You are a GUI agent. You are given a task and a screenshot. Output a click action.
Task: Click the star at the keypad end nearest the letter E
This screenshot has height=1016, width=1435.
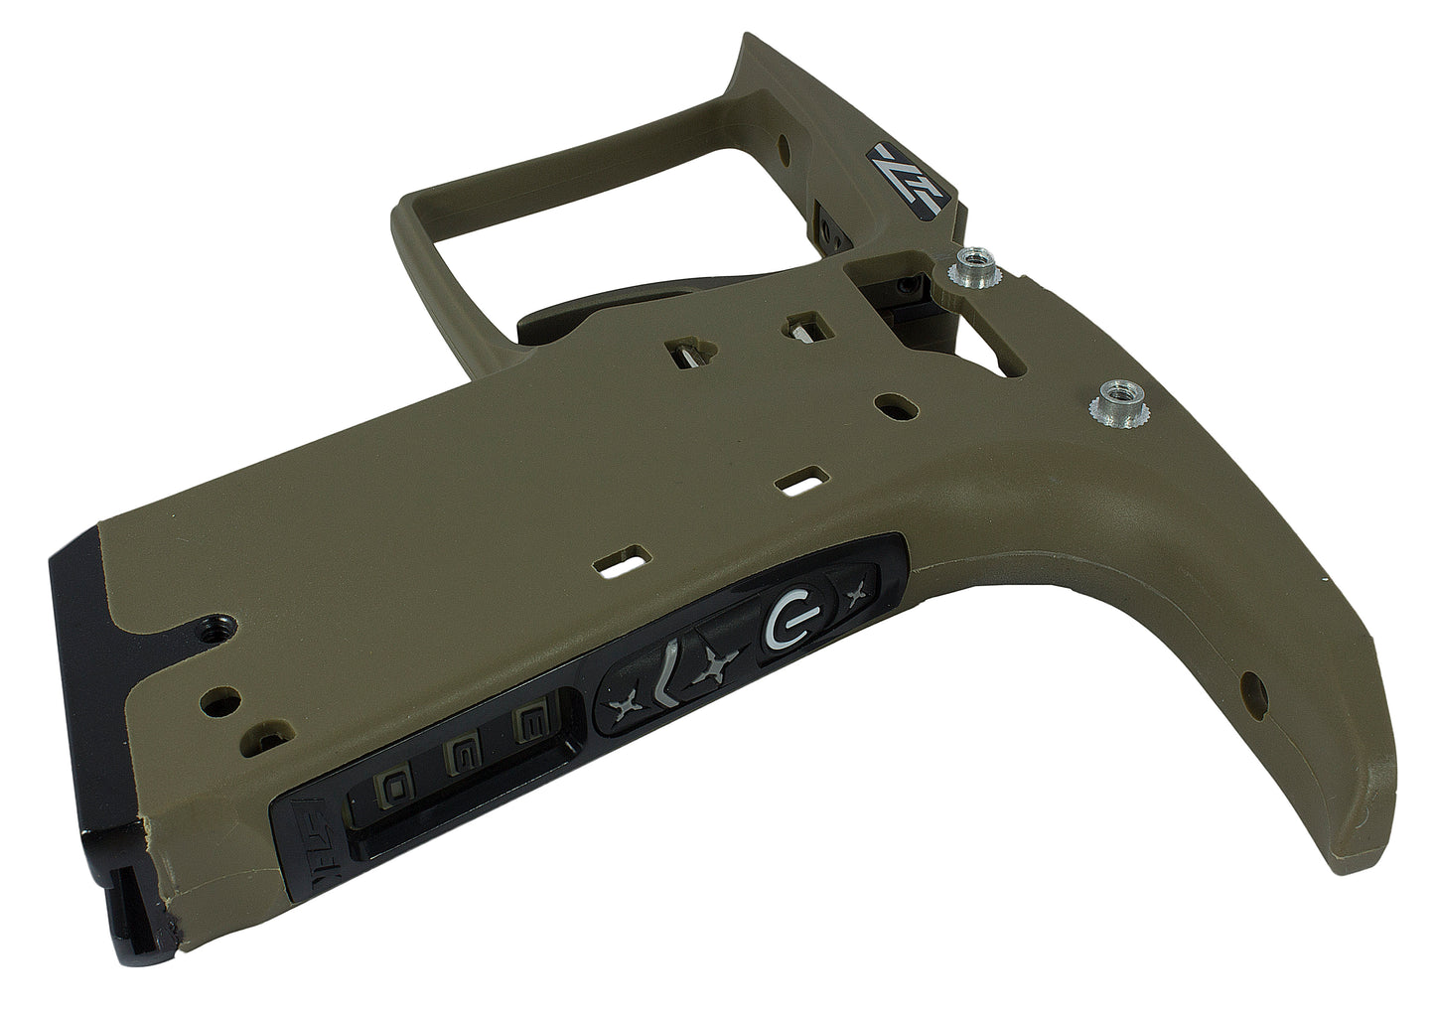click(x=626, y=707)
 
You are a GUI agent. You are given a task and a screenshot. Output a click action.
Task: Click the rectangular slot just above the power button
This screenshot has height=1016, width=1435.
click(x=803, y=481)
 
